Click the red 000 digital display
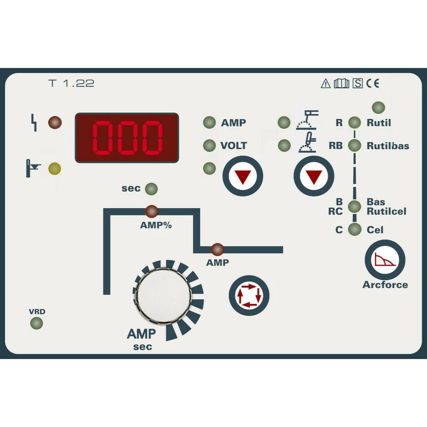click(127, 138)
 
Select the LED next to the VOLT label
click(209, 146)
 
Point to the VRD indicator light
click(37, 323)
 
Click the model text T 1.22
click(71, 83)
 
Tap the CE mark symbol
click(373, 83)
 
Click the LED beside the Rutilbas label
click(354, 146)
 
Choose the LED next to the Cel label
click(354, 229)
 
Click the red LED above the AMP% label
click(151, 211)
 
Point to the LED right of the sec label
click(151, 189)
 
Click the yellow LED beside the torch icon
click(55, 168)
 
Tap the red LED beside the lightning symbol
click(55, 123)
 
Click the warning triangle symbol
click(326, 83)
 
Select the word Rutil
click(379, 123)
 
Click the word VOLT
click(234, 146)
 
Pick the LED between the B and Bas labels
click(354, 206)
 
